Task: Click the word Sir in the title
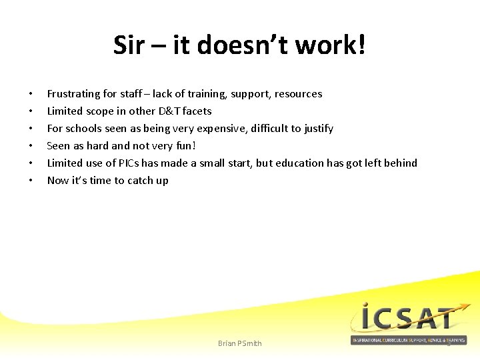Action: [128, 46]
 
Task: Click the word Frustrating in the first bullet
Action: [73, 94]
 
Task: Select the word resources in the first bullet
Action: [295, 94]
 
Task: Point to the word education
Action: [301, 163]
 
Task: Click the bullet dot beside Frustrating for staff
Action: [31, 94]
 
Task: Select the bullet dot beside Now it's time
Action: [31, 181]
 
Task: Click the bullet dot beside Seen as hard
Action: [31, 146]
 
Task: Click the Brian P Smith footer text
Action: [240, 343]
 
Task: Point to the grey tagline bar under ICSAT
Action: [408, 340]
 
